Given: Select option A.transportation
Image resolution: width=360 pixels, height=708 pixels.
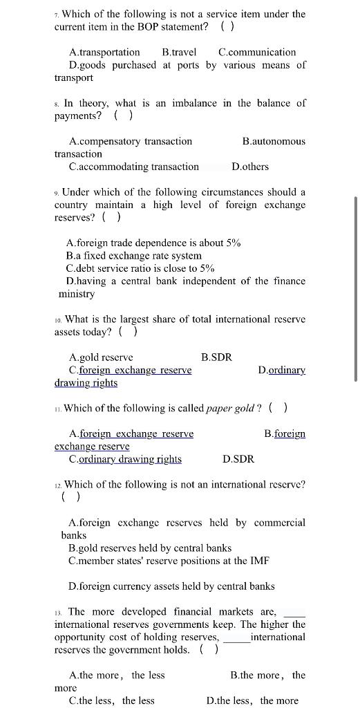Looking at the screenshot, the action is click(x=104, y=52).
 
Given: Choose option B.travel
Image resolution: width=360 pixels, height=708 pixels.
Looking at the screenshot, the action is click(x=179, y=52).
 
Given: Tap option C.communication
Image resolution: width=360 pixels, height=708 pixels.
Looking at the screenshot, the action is click(x=257, y=52).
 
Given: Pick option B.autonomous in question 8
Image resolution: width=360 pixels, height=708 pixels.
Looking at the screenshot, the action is click(x=274, y=141).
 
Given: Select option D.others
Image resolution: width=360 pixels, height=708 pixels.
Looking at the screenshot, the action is click(x=251, y=167).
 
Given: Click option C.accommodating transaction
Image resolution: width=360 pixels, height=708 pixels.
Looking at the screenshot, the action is click(x=134, y=167).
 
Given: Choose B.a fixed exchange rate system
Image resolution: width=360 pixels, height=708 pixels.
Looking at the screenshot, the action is click(x=134, y=256).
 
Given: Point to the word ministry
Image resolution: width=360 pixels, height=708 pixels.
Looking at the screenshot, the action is click(x=77, y=294).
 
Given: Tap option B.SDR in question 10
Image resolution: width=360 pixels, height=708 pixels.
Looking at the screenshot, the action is click(x=216, y=357).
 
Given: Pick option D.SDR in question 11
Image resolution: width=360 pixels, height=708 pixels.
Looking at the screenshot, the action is click(x=238, y=459).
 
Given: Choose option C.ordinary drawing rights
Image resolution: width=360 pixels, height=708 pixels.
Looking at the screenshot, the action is click(x=125, y=459).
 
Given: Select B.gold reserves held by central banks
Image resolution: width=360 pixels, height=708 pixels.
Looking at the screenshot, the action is click(x=150, y=548).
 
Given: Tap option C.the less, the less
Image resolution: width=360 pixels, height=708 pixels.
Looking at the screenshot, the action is click(x=112, y=700).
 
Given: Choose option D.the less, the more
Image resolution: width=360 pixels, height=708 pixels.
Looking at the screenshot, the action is click(x=252, y=700).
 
